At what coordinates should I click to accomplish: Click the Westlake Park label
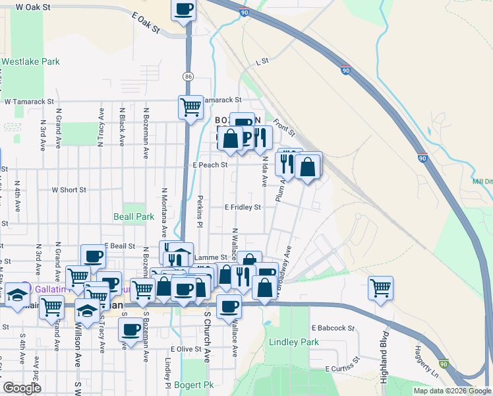pyautogui.click(x=30, y=62)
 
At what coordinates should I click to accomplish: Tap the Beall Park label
pyautogui.click(x=134, y=216)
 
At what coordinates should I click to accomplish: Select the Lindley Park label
pyautogui.click(x=294, y=342)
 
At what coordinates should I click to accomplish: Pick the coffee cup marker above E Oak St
pyautogui.click(x=183, y=9)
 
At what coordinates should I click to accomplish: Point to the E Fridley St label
pyautogui.click(x=243, y=207)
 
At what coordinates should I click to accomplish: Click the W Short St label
pyautogui.click(x=69, y=190)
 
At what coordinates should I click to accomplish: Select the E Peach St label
pyautogui.click(x=210, y=165)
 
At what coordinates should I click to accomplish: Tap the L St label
pyautogui.click(x=262, y=61)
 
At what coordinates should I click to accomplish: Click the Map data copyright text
pyautogui.click(x=451, y=391)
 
